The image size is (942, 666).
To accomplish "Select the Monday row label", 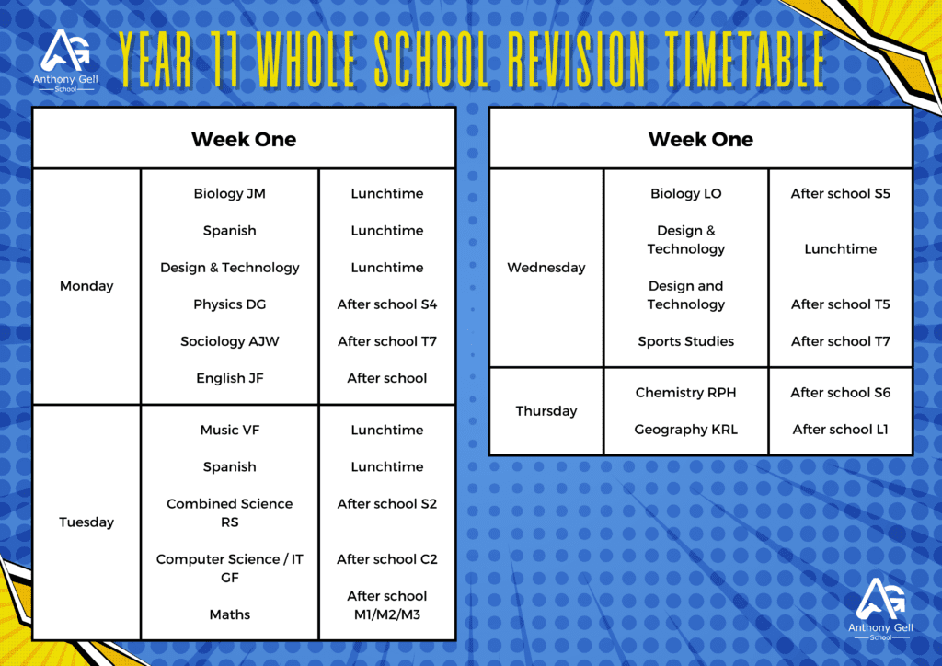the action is [86, 286].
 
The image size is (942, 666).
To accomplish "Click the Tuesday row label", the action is [86, 522].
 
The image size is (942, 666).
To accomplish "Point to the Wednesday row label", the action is [546, 268].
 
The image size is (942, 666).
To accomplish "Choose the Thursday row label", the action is [546, 411].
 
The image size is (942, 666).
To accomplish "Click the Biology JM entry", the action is [229, 193].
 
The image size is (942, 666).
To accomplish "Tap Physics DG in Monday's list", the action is [229, 304].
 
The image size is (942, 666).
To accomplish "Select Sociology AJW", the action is [229, 341].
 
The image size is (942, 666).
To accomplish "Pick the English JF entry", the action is [229, 378].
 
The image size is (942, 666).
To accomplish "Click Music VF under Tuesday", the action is [229, 430].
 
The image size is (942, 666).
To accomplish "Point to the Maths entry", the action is [229, 614].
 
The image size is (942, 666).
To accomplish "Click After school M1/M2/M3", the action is [387, 605].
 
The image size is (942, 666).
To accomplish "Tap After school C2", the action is [387, 559].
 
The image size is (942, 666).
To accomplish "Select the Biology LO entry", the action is [686, 193].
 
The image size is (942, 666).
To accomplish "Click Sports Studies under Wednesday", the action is [686, 341].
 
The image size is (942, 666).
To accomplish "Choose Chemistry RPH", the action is [685, 393].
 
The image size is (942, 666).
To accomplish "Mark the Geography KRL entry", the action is [685, 430].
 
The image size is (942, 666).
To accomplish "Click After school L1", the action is [840, 430].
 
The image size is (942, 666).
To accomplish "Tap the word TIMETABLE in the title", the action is [745, 60].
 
